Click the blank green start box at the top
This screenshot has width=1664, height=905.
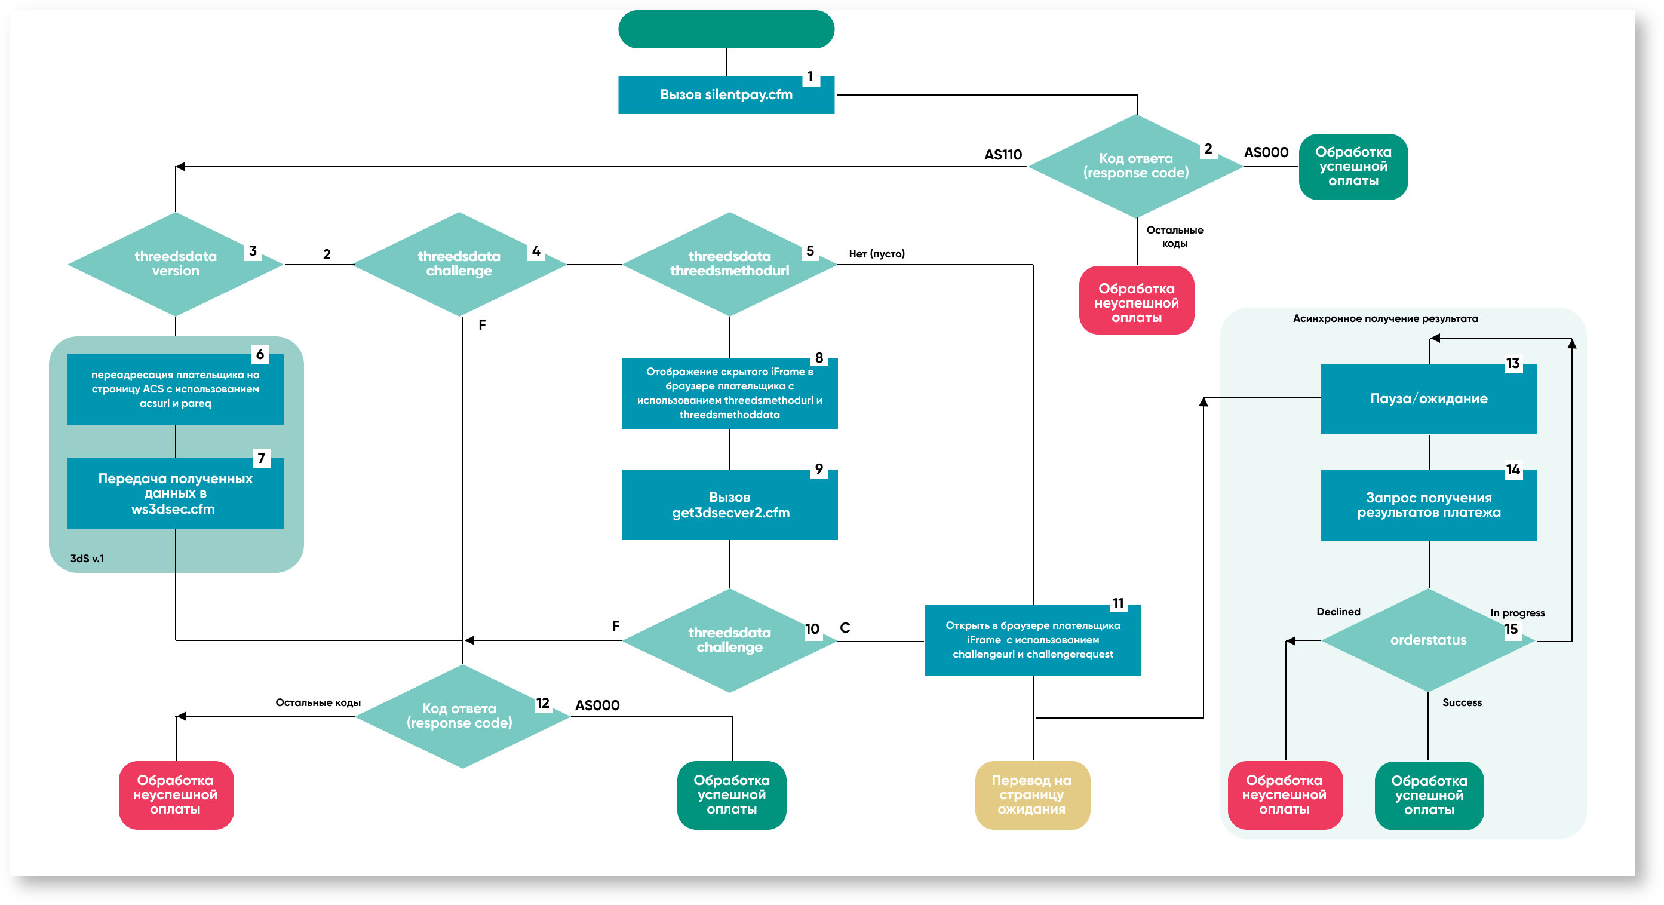(726, 29)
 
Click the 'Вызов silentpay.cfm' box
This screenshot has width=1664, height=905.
(726, 95)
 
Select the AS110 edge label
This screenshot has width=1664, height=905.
(1003, 155)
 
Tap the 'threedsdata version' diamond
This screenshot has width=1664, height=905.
(176, 263)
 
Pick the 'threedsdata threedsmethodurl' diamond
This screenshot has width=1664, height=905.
(729, 263)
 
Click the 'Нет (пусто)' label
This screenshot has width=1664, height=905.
(877, 254)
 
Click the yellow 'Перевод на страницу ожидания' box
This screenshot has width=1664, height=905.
(1031, 794)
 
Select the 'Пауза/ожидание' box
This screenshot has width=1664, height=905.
(1428, 398)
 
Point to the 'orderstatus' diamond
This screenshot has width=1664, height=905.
(1428, 640)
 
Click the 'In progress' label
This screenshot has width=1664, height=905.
(1517, 613)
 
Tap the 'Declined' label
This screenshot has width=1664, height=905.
(1338, 612)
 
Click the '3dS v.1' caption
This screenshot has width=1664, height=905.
(87, 558)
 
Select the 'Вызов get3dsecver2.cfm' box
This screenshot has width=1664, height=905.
(729, 505)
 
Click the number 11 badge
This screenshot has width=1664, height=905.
(1118, 603)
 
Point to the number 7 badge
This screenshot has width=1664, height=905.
(261, 459)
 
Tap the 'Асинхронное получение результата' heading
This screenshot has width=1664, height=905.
(1385, 318)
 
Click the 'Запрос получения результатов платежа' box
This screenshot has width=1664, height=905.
(1428, 505)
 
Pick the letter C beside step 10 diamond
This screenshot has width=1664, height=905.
(845, 628)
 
